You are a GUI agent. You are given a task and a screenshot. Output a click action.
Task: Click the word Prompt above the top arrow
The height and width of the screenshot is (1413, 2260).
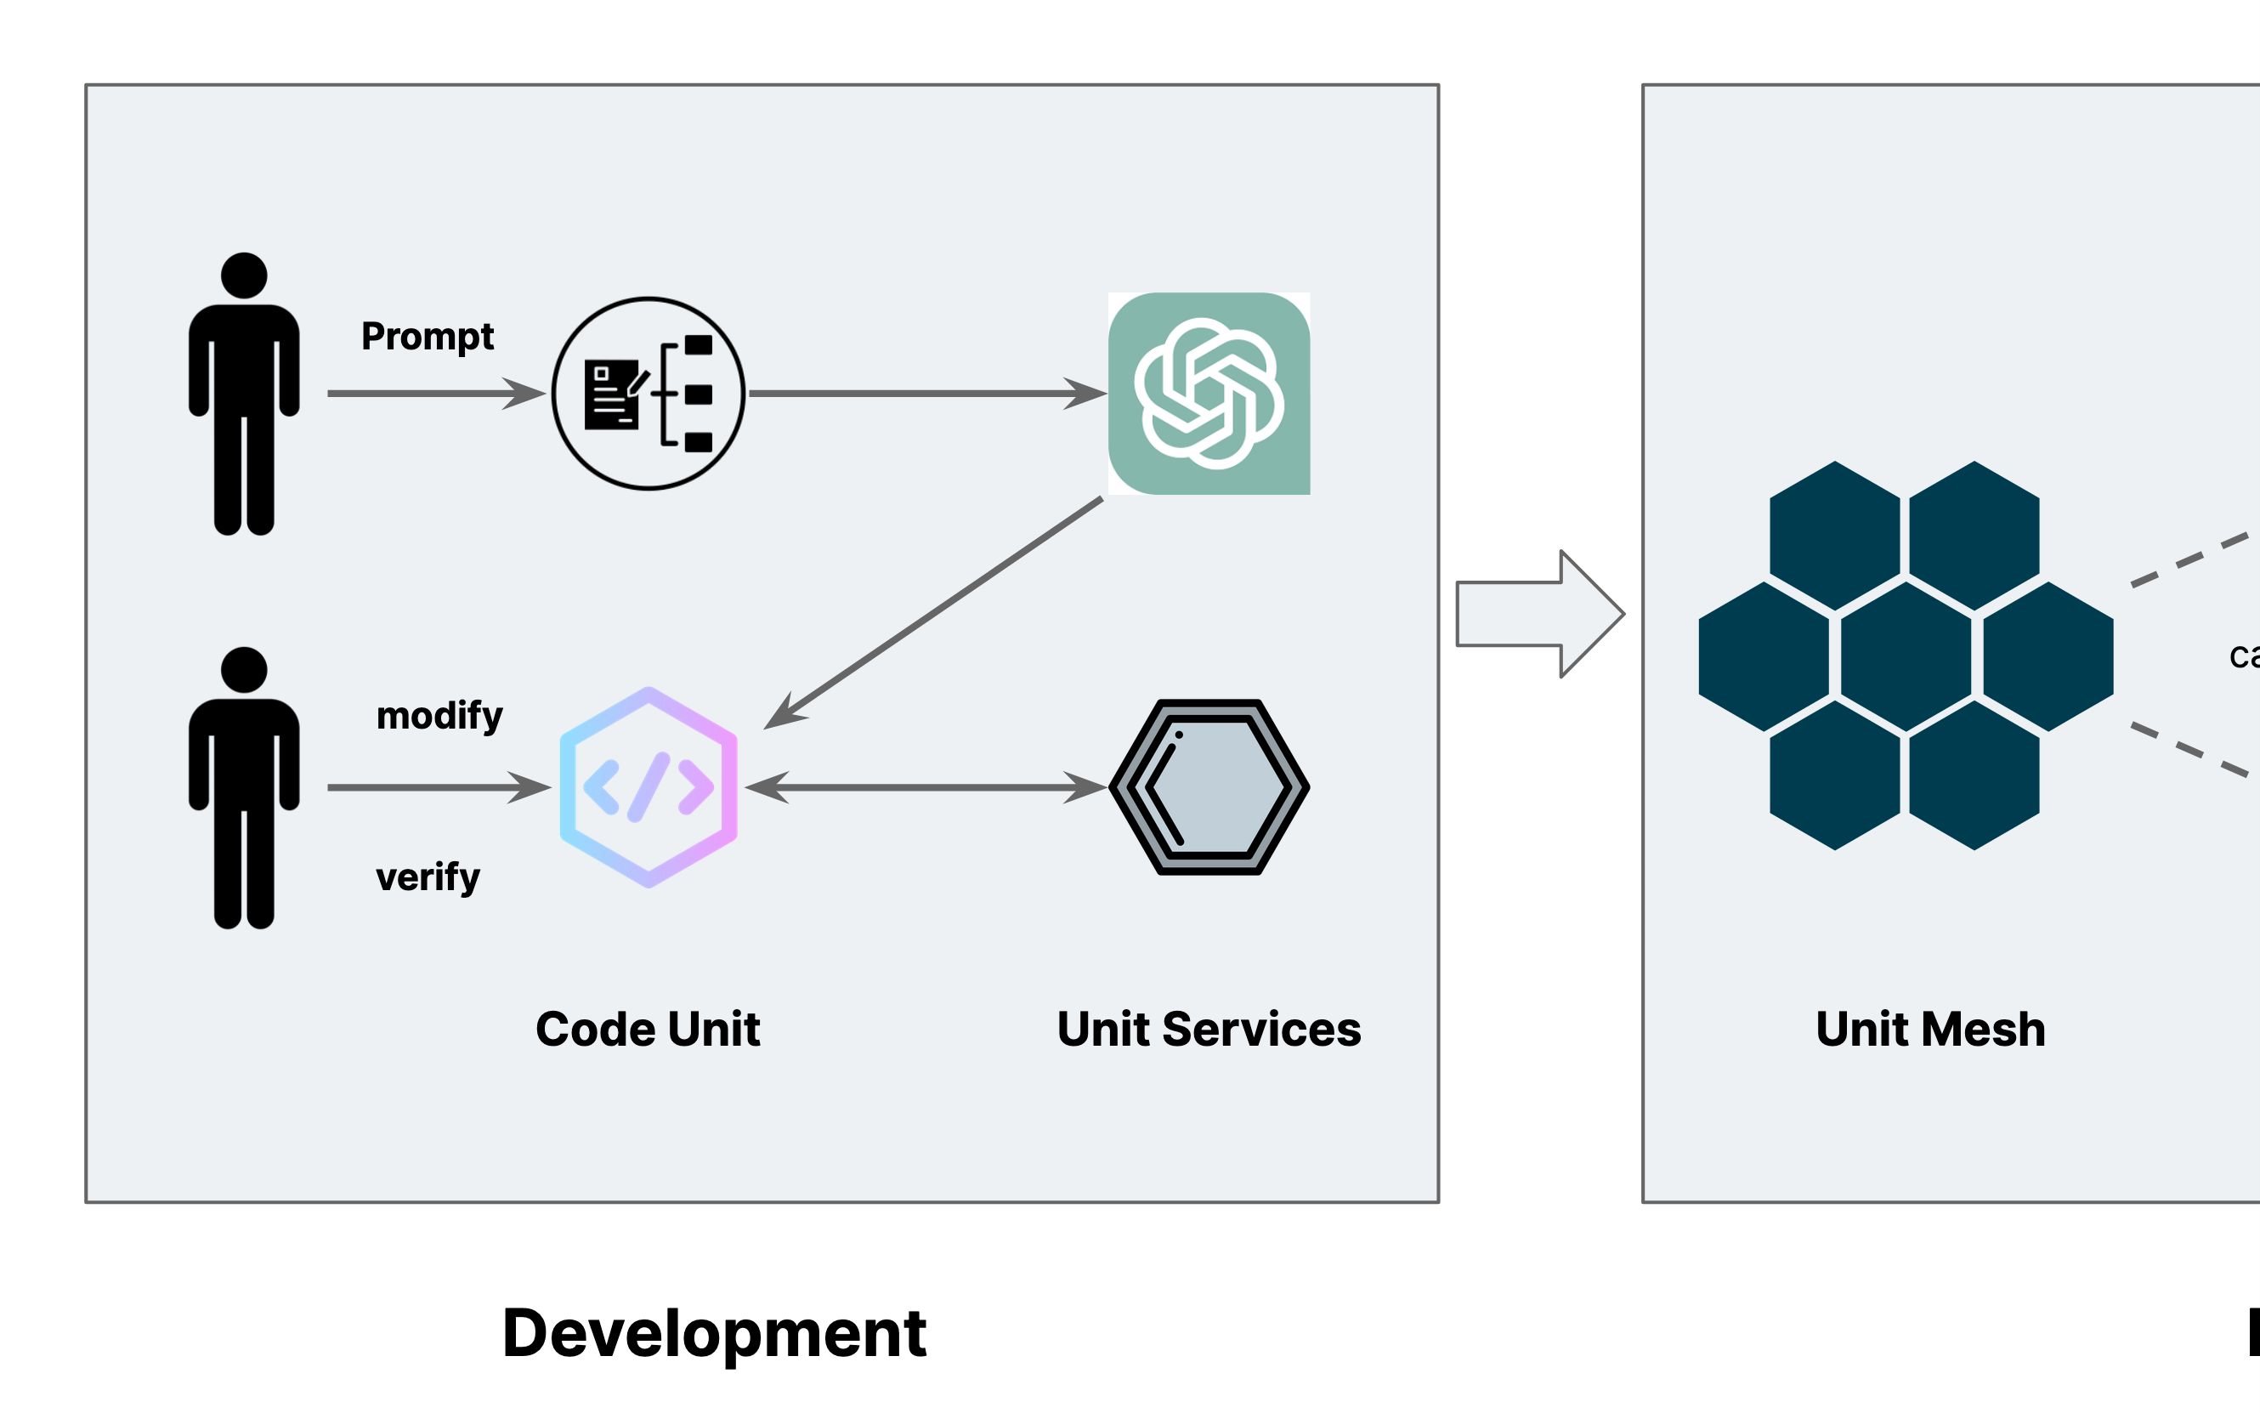[x=427, y=337]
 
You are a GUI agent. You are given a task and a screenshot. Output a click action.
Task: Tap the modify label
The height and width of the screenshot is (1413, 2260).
[x=439, y=716]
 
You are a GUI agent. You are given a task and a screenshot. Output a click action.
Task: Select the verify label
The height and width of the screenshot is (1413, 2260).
[x=428, y=877]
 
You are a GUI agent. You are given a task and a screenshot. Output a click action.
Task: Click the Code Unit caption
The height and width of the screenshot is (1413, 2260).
[x=648, y=1029]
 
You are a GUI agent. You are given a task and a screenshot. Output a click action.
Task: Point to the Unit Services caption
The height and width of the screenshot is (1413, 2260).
[x=1208, y=1029]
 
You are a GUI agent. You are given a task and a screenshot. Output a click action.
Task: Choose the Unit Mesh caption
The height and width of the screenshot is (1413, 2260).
[x=1930, y=1029]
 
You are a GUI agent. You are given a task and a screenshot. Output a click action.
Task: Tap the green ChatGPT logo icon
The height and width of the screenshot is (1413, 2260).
[x=1209, y=394]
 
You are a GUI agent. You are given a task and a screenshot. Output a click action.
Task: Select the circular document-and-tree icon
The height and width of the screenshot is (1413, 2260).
[x=649, y=394]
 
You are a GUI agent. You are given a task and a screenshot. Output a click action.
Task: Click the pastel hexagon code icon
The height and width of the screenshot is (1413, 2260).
[x=649, y=787]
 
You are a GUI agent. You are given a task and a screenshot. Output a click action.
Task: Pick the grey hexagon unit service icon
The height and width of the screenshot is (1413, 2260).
[x=1209, y=787]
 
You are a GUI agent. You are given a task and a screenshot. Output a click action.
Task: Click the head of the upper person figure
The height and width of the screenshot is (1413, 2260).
[x=244, y=275]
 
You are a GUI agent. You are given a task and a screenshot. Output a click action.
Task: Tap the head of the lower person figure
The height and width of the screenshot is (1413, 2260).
[x=244, y=670]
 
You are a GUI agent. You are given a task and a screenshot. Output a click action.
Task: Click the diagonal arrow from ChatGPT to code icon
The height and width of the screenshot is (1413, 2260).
[x=934, y=612]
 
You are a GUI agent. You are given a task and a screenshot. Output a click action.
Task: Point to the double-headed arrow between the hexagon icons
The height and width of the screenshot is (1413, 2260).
[x=925, y=787]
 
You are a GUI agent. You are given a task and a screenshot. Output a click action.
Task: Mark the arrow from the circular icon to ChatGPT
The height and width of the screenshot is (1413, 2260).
[x=925, y=394]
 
